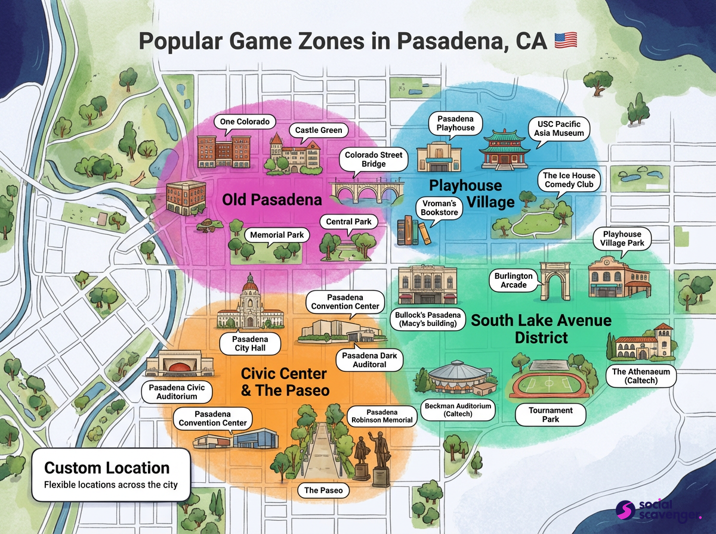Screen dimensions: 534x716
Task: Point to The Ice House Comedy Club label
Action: pos(569,180)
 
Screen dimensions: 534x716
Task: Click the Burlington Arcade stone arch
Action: pos(552,281)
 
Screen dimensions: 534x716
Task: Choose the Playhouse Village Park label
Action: pos(622,238)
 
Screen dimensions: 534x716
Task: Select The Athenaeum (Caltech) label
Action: pos(641,375)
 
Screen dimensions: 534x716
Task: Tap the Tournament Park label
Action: pos(550,415)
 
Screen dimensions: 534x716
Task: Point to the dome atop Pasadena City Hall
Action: pos(251,285)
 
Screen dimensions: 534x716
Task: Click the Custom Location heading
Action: pos(107,468)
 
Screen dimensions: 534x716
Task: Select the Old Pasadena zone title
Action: pos(271,200)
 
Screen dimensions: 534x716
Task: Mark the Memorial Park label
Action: pos(277,235)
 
